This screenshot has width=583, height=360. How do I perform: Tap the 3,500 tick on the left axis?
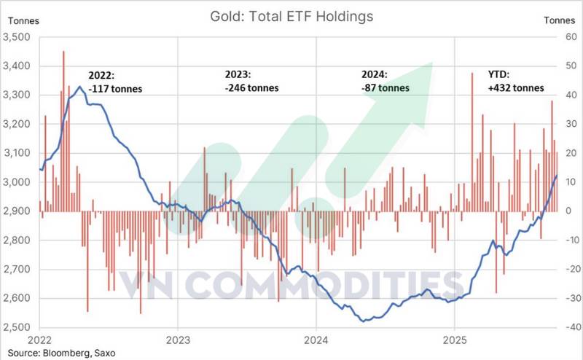click(19, 37)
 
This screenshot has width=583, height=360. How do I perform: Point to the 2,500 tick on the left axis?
click(19, 327)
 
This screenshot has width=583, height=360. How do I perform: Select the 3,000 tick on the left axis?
click(19, 182)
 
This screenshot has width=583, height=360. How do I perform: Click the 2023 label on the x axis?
click(177, 340)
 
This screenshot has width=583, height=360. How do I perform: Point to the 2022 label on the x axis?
click(39, 340)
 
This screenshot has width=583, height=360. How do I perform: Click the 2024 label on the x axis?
click(316, 340)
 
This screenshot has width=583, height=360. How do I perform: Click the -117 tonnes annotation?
click(115, 90)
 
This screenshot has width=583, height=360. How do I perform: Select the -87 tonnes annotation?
click(386, 88)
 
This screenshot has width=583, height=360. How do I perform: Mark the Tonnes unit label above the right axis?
click(559, 20)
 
